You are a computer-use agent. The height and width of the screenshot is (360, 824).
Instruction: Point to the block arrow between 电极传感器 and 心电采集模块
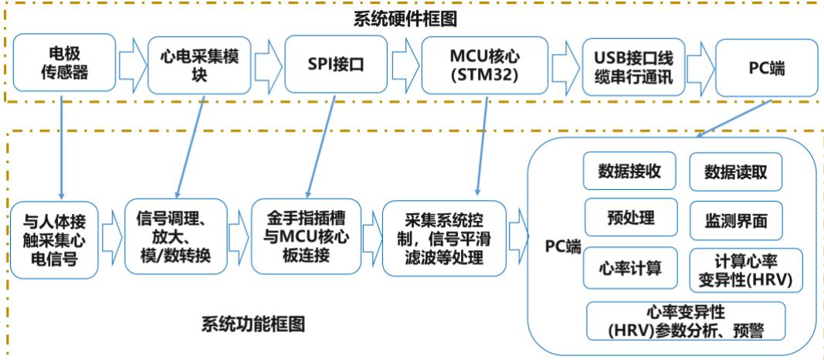(131, 64)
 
